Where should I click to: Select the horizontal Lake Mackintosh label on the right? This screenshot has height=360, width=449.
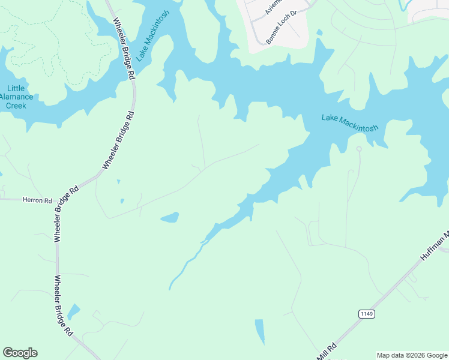349,122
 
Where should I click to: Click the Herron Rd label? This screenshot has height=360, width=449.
37,200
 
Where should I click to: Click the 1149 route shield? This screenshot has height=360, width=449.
367,314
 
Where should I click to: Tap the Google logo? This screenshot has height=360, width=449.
20,353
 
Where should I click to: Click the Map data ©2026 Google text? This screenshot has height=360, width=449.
411,355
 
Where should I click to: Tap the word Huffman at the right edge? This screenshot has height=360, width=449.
433,247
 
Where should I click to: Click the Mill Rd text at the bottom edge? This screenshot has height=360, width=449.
328,351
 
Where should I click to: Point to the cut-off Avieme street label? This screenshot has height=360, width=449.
273,8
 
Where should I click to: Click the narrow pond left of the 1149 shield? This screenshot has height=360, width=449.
259,331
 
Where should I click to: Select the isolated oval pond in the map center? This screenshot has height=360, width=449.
170,217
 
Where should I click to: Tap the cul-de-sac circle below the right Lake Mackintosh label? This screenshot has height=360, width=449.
358,148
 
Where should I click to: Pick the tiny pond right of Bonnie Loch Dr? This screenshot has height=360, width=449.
319,32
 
